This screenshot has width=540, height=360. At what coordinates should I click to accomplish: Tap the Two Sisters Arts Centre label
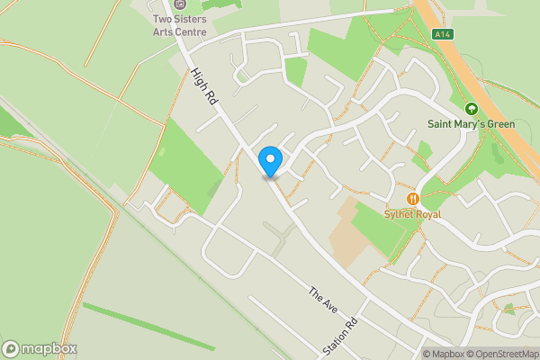180,25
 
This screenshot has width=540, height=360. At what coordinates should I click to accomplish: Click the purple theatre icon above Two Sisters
180,4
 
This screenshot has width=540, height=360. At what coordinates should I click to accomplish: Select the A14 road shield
440,34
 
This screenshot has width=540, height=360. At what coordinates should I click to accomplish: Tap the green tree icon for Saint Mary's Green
471,108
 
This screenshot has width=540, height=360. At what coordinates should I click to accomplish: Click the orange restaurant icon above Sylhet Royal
413,198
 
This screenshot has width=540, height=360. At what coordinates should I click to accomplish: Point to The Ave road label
321,301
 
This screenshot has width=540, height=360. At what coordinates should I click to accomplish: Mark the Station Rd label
341,336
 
